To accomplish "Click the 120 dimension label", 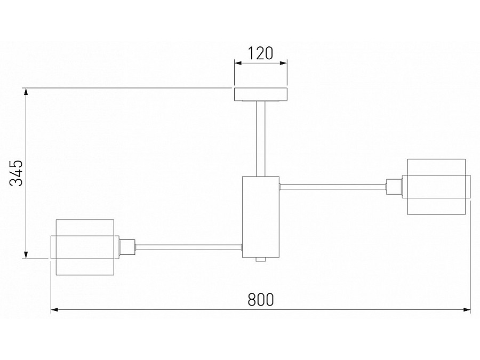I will coord(261,53).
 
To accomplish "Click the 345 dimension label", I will coord(17,173).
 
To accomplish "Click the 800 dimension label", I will coord(261,300).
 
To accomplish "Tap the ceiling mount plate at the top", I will coord(261,94).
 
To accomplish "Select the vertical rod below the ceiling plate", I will coord(261,138).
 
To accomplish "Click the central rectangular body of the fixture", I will coord(261,217).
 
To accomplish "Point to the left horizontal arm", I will coord(189,246).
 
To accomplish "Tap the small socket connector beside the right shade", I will coord(393,187).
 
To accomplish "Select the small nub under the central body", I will coord(261,260).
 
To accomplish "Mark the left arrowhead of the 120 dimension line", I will coord(237,63).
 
